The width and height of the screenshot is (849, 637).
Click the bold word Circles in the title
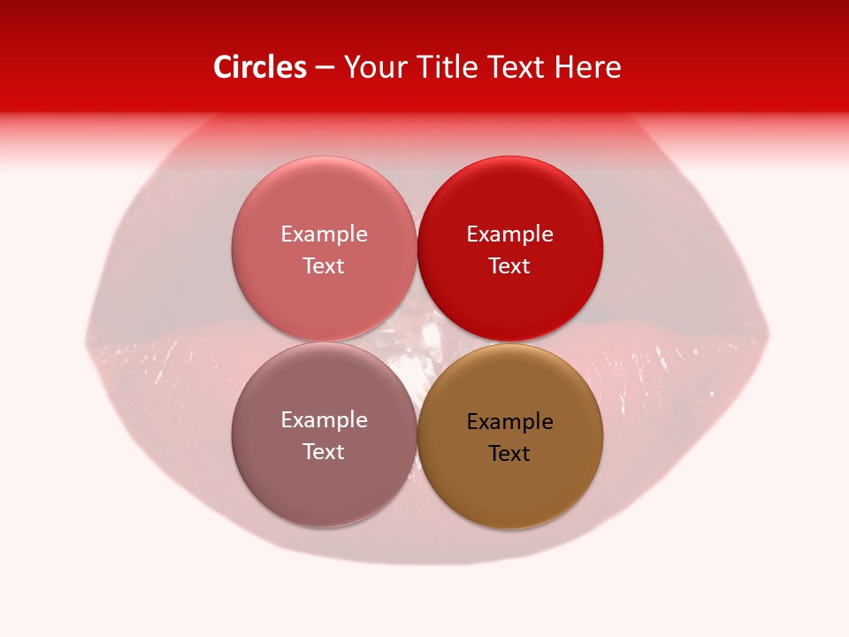click(259, 67)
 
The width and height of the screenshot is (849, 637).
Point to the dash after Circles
click(324, 68)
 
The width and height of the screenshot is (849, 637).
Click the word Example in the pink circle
click(324, 234)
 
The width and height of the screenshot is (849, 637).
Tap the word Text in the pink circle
click(324, 265)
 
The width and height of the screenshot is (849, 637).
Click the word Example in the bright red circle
click(509, 234)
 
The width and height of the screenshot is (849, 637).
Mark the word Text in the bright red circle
click(509, 265)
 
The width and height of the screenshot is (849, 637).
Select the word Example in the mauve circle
click(324, 419)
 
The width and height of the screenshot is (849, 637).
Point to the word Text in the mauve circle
click(324, 451)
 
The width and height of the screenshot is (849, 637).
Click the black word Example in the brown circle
click(509, 421)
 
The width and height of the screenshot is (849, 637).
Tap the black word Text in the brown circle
click(509, 453)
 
